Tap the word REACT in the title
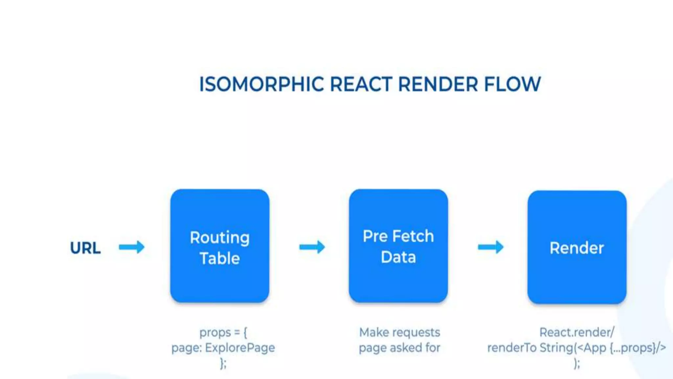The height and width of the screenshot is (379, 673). (361, 84)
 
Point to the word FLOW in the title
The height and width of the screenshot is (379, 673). (512, 84)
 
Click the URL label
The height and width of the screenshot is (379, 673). (85, 248)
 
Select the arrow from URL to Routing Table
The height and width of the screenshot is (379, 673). (131, 247)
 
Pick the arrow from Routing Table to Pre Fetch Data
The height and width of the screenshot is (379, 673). (312, 247)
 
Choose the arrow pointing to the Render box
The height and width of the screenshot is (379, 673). (490, 247)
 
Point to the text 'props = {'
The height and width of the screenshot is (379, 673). (223, 332)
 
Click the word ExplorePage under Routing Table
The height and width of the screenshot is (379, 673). (240, 348)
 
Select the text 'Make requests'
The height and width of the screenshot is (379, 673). (399, 332)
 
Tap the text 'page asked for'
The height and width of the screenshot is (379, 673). (399, 348)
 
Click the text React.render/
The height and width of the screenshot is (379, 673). (577, 332)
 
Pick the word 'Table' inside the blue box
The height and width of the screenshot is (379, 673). (220, 258)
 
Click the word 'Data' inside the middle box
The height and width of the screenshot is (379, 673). (398, 257)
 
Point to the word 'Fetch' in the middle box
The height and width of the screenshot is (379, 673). (413, 236)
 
